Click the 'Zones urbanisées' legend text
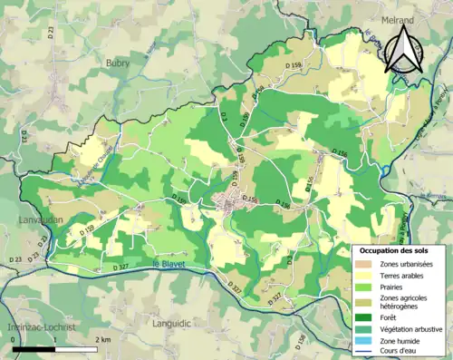tap(407, 263)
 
